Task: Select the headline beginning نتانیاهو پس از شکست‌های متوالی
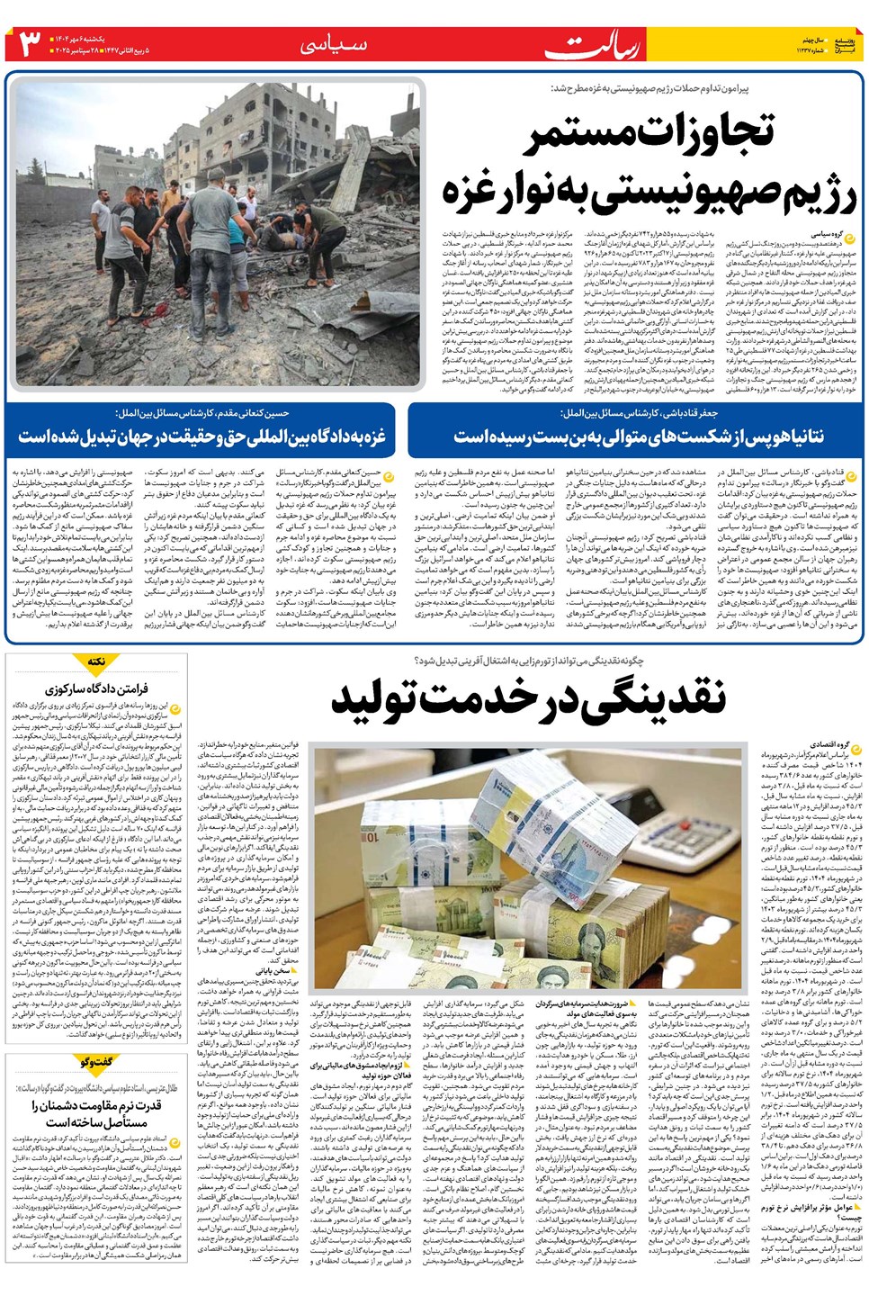(638, 436)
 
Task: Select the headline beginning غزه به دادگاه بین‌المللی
(202, 436)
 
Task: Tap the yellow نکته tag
(96, 662)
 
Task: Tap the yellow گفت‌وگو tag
(96, 1062)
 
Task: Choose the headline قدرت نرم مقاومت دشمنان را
(96, 1112)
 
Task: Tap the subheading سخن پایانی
(272, 971)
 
